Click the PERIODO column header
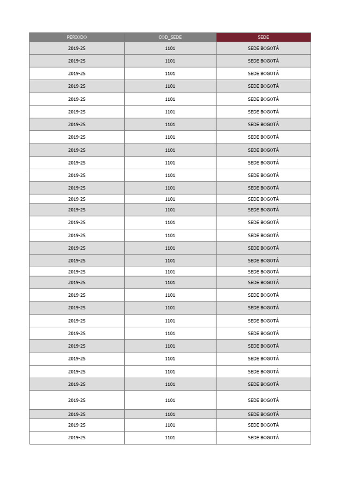point(77,37)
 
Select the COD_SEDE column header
point(170,37)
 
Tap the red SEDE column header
point(263,37)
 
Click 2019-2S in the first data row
point(77,48)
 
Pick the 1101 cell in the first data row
point(170,48)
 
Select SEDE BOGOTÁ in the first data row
point(263,48)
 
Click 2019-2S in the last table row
point(77,438)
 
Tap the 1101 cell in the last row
point(170,438)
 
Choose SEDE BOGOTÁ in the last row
point(263,438)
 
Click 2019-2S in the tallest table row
point(77,400)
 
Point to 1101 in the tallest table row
point(170,400)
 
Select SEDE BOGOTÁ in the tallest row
point(263,400)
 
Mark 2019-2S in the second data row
point(77,61)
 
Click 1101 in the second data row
point(170,61)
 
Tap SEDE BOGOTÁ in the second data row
point(263,61)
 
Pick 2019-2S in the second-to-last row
point(77,425)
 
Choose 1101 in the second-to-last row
point(170,425)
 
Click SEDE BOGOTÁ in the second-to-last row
point(263,425)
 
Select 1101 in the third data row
point(170,74)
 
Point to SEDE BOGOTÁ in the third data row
point(263,74)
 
